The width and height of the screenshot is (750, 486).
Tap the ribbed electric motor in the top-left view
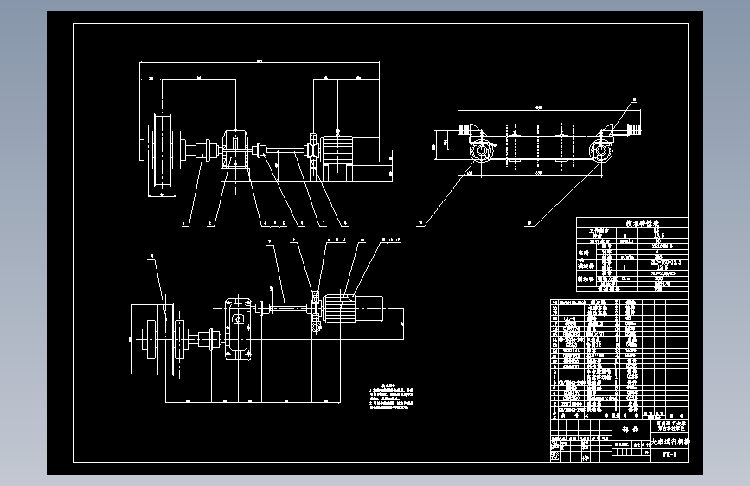tap(338, 153)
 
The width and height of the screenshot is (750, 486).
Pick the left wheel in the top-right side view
tap(478, 150)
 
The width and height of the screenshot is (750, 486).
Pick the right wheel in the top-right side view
tap(599, 150)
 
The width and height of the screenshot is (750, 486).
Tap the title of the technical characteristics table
tap(631, 222)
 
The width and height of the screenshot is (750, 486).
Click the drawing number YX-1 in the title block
tap(669, 454)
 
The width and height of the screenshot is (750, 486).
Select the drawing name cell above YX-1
tap(670, 441)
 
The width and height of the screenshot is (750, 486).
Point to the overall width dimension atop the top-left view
tap(260, 61)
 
